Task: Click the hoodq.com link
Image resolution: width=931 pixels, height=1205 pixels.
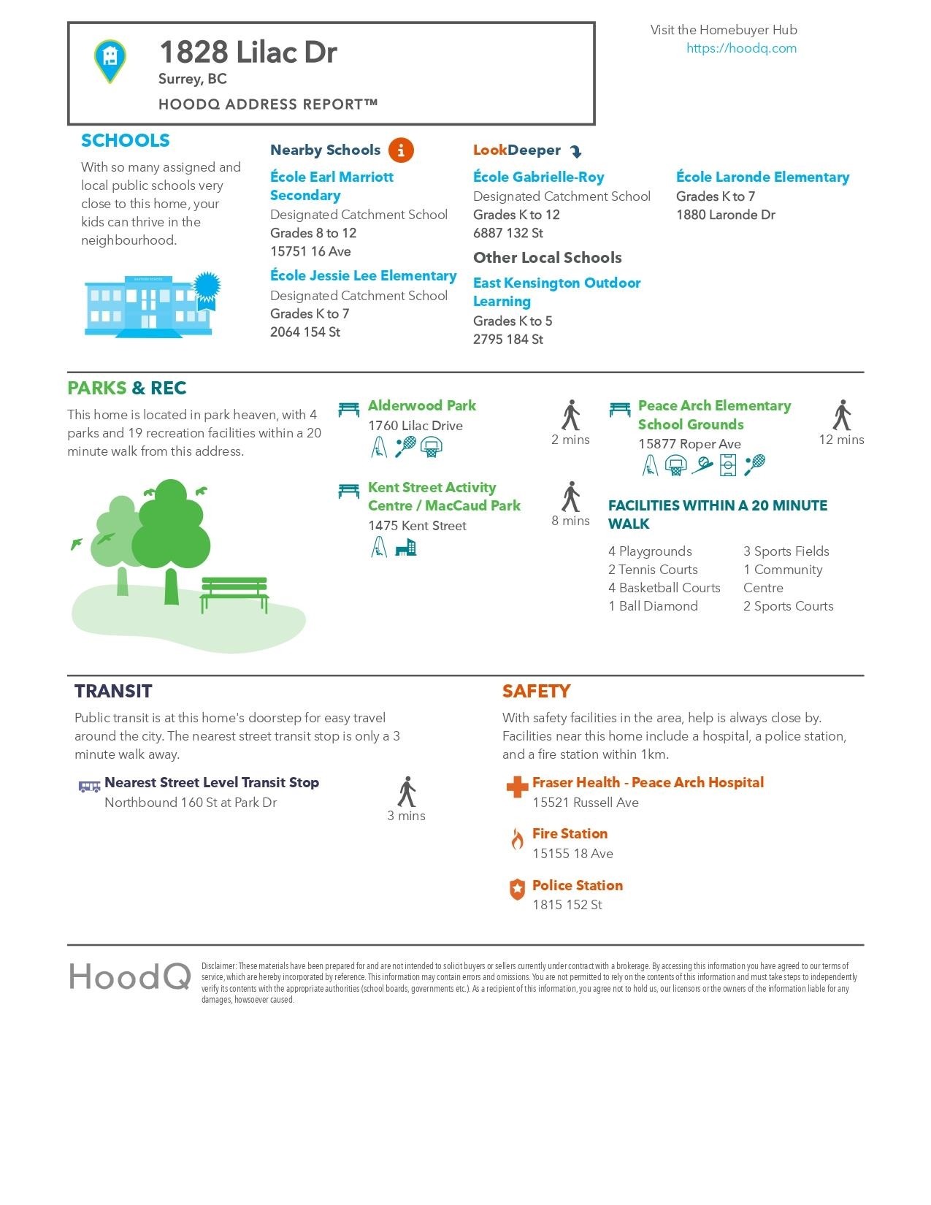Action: pos(741,48)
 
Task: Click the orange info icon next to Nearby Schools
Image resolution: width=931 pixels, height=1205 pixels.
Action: pos(401,150)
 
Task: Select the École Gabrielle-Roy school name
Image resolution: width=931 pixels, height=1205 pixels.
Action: pos(538,177)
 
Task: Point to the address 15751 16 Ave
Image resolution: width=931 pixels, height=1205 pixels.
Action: pos(310,251)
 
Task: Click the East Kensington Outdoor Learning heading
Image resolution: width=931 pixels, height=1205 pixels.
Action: pos(556,291)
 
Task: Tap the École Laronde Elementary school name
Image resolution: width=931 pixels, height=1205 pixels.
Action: pos(762,177)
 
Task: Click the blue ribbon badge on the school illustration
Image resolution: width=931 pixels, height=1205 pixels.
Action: pos(206,288)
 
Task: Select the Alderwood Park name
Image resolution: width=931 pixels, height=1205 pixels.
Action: pos(421,405)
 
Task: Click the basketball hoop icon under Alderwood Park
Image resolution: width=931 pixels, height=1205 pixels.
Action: pos(432,446)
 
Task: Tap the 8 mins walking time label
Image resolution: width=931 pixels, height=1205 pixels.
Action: pos(570,521)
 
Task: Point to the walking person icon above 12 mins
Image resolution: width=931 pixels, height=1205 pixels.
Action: pos(842,415)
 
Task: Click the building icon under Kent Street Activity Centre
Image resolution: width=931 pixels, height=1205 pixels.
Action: pos(405,547)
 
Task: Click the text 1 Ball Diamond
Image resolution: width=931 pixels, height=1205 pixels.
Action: pos(653,606)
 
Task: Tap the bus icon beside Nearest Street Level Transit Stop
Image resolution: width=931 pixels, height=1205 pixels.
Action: pos(89,786)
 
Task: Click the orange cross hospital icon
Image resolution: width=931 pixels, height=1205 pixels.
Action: pos(517,787)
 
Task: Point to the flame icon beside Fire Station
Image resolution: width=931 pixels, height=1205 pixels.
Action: pos(517,840)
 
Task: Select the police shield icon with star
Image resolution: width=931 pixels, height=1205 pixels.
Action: pos(517,890)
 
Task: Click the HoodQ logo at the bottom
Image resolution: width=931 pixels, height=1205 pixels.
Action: pos(130,976)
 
